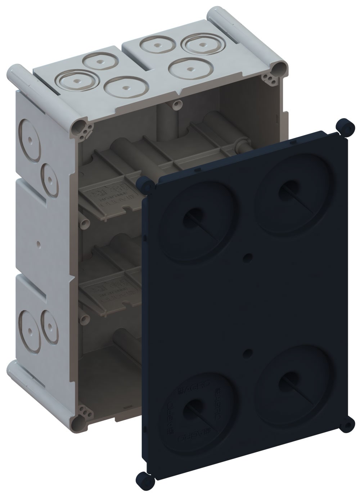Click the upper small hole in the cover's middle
247,257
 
